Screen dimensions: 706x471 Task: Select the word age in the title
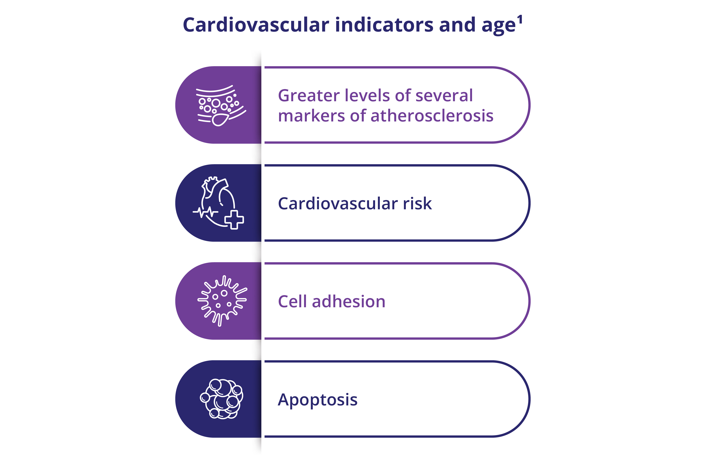click(499, 26)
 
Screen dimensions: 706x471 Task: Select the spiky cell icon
click(222, 301)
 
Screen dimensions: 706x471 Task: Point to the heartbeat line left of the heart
click(205, 212)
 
